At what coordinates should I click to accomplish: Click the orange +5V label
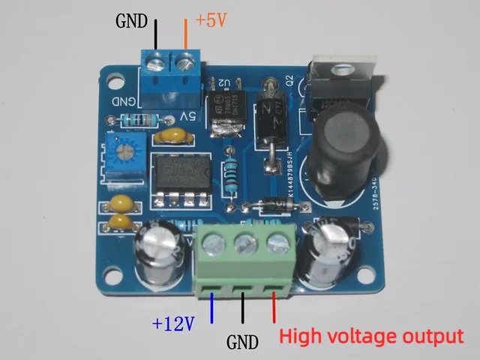(x=211, y=20)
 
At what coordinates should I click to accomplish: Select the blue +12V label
(x=174, y=324)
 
